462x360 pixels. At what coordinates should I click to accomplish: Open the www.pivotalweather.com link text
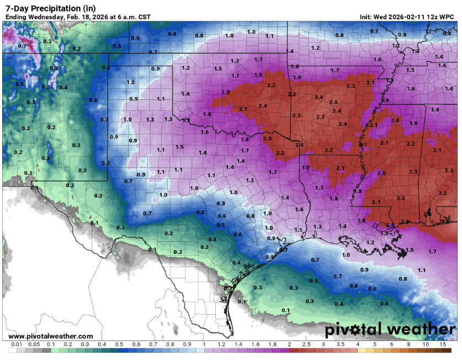[x=51, y=336]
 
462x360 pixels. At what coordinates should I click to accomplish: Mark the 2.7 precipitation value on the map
[x=321, y=117]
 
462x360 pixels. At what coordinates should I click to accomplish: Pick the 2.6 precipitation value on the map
[x=333, y=102]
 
